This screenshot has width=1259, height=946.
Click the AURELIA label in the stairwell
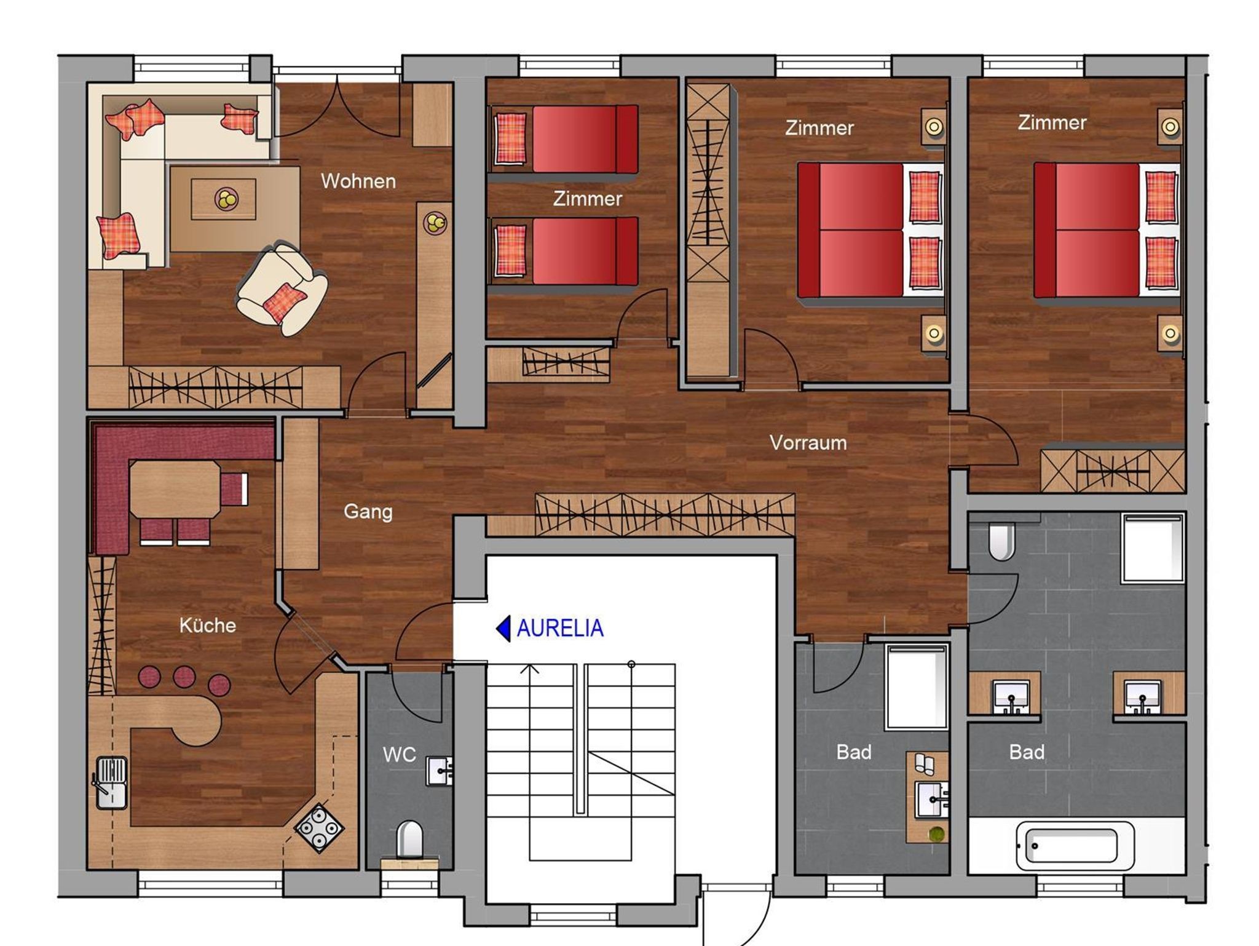coord(560,628)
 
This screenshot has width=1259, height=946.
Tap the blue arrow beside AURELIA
coord(503,629)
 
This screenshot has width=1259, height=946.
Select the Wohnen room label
coord(358,181)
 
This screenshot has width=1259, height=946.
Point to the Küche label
coord(208,625)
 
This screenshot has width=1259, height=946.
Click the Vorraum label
coord(808,442)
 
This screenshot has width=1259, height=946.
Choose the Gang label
coord(368,512)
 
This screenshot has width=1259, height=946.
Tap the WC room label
coord(399,754)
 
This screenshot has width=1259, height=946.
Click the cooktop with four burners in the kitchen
coord(319,829)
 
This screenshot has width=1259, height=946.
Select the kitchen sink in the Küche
coord(111,782)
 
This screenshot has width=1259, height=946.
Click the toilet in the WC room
coord(409,840)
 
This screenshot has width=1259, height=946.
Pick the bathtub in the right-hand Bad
coord(1075,846)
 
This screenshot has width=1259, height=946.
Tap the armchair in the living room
coord(282,288)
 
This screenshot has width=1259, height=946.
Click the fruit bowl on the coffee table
coord(225,198)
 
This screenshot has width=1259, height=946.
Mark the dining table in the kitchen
coord(175,490)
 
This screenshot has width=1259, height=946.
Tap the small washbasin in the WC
coord(440,771)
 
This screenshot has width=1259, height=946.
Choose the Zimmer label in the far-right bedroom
coord(1052,122)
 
